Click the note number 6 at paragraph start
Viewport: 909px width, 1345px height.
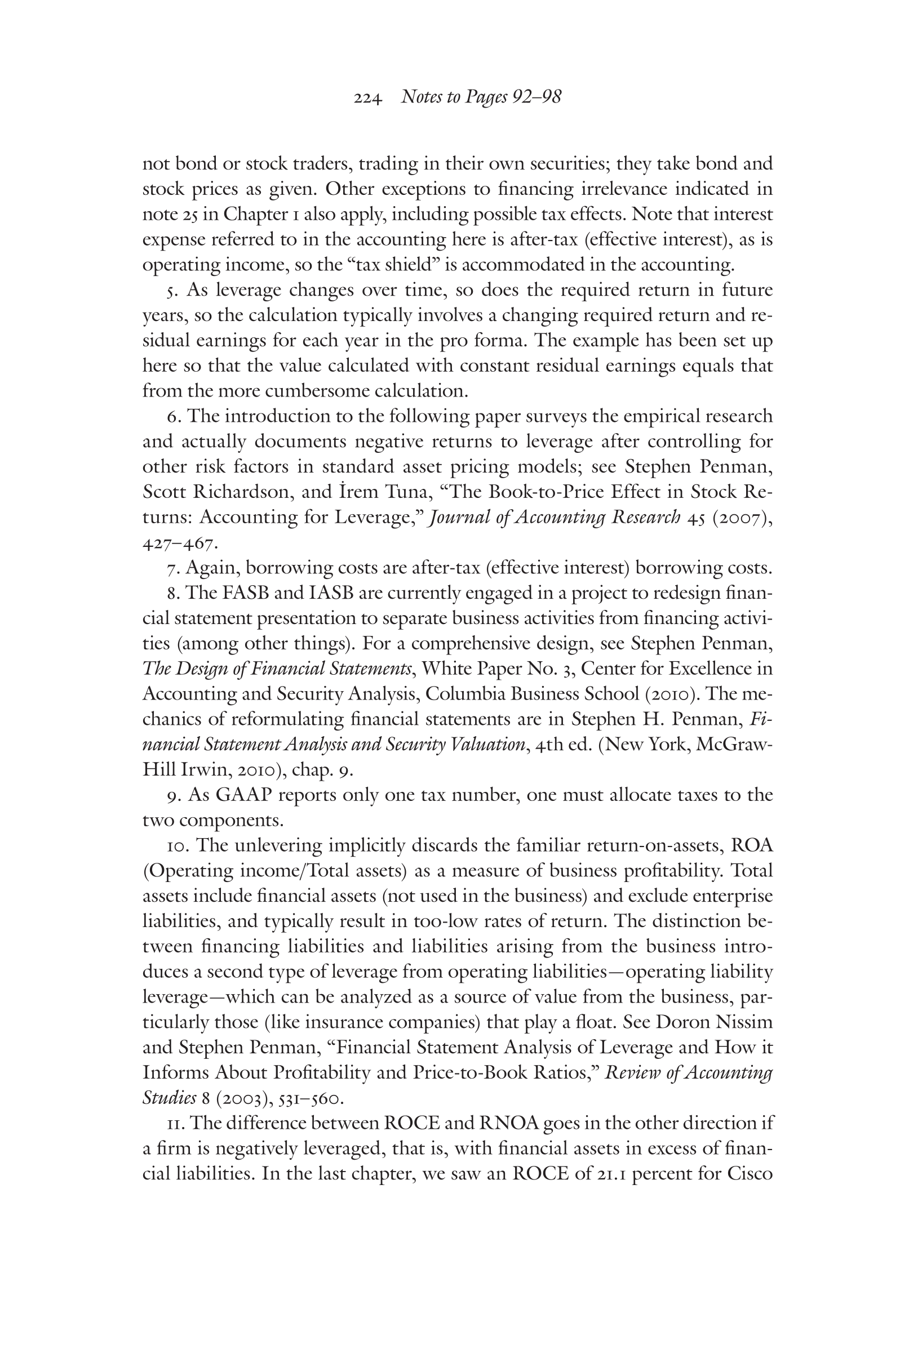point(171,416)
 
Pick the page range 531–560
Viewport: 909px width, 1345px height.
point(311,1098)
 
